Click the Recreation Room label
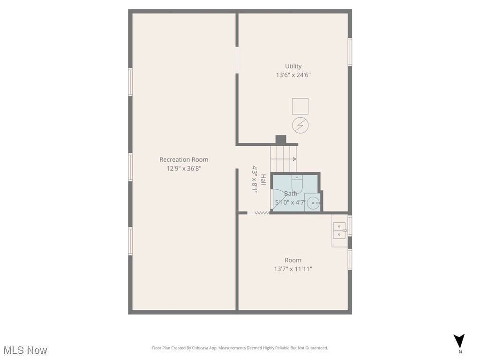point(184,159)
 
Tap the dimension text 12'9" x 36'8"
point(184,168)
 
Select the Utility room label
point(293,66)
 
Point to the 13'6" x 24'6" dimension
point(293,75)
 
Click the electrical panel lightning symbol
point(300,125)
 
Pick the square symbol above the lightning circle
point(300,106)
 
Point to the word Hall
point(263,180)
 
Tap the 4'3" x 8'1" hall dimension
point(255,180)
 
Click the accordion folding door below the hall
point(258,213)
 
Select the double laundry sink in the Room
point(339,230)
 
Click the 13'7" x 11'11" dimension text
point(293,269)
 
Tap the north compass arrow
point(459,341)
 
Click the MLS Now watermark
point(25,350)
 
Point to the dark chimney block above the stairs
point(281,139)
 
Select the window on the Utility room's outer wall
point(350,52)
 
